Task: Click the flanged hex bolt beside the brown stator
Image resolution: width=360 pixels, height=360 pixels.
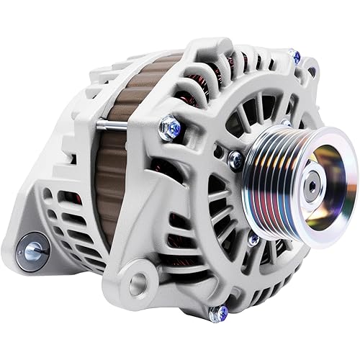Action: click(171, 128)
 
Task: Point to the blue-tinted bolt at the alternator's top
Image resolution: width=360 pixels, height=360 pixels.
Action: click(294, 55)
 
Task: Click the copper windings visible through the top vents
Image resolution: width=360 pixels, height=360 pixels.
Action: click(216, 72)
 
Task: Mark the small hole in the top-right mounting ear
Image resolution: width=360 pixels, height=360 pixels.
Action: click(311, 70)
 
